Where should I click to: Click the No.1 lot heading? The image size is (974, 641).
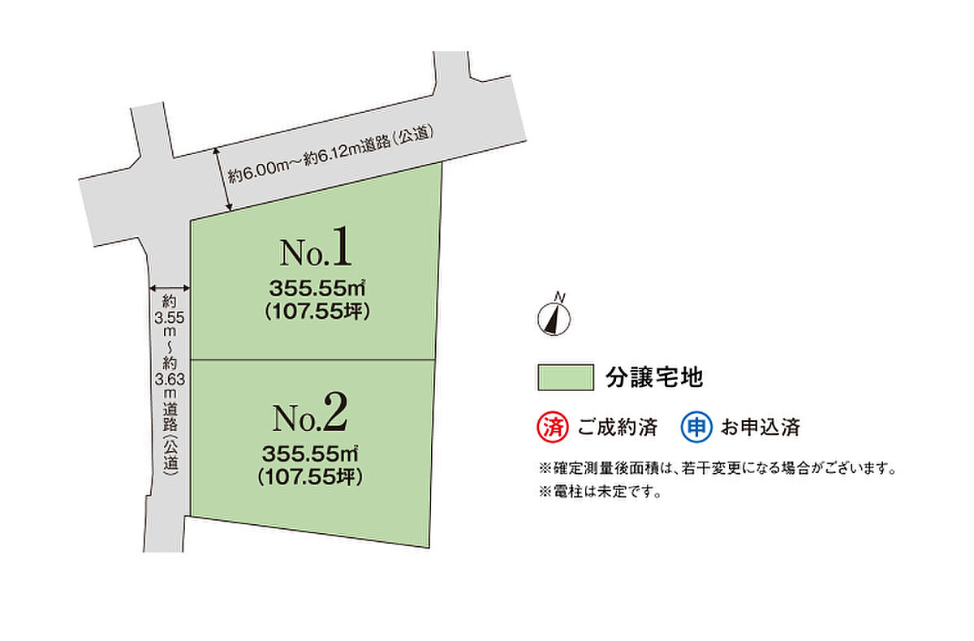click(x=315, y=247)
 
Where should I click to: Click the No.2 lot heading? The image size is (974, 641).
click(x=309, y=412)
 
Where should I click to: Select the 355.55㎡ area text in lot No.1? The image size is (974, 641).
click(x=317, y=288)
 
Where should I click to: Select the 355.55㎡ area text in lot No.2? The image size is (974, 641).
click(x=310, y=454)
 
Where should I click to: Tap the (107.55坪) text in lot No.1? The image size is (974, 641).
click(x=317, y=312)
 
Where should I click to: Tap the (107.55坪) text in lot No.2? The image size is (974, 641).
click(x=310, y=477)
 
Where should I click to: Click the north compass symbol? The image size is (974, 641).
click(x=554, y=319)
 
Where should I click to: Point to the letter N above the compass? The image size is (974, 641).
click(x=560, y=297)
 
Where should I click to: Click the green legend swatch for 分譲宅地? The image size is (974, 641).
click(x=566, y=377)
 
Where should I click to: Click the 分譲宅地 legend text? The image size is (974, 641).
click(x=654, y=377)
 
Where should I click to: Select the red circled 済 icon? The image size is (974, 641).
click(x=553, y=427)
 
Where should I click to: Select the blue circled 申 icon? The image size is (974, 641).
click(x=696, y=427)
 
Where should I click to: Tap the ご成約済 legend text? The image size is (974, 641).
click(x=618, y=427)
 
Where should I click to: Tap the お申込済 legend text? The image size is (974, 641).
click(x=761, y=427)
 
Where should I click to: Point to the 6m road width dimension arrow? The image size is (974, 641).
click(x=222, y=179)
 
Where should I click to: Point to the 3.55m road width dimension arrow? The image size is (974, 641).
click(x=170, y=288)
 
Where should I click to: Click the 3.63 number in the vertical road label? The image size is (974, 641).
click(x=170, y=380)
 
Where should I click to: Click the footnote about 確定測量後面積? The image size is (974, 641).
click(x=718, y=468)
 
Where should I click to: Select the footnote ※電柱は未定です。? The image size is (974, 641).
click(x=600, y=492)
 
